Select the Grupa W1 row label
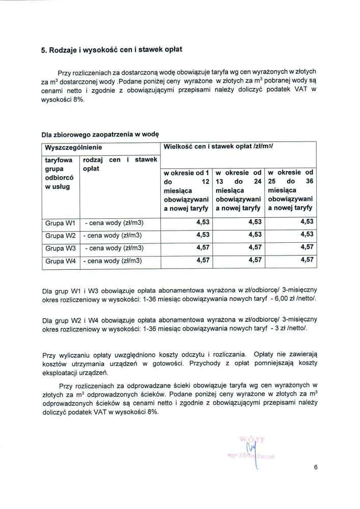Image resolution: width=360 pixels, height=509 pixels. point(60,223)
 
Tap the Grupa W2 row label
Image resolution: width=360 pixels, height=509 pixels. point(60,236)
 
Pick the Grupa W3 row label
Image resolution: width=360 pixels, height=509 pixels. point(60,248)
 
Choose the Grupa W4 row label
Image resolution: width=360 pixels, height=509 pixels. point(60,261)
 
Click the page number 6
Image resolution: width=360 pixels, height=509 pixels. point(316,470)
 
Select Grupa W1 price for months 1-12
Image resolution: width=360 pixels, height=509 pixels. point(203,223)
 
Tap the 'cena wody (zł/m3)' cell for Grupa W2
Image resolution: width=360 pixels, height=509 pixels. point(116,236)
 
